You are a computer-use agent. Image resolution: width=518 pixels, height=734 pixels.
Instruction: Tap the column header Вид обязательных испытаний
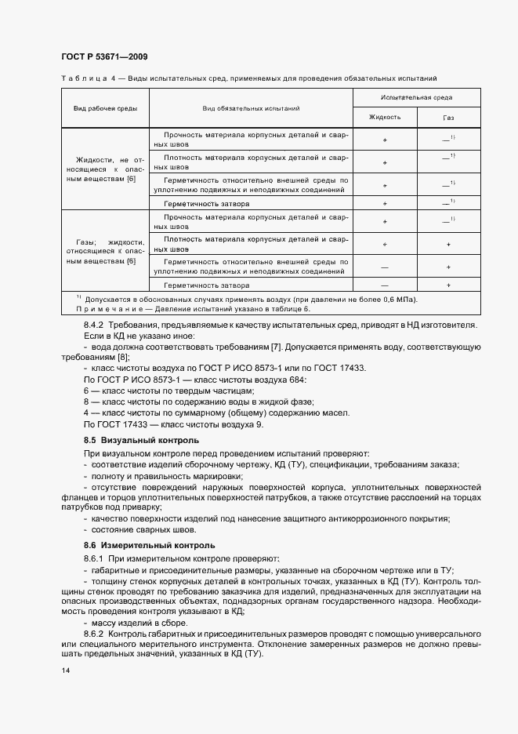[251, 107]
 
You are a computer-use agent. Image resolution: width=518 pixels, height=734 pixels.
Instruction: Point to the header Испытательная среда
[416, 97]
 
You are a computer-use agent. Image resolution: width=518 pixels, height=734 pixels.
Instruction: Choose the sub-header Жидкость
[385, 117]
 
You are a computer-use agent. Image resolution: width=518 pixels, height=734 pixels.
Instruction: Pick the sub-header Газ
[448, 117]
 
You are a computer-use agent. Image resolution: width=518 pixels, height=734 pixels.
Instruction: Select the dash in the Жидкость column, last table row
[385, 285]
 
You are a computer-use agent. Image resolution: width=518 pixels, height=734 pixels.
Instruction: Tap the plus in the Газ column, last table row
[448, 285]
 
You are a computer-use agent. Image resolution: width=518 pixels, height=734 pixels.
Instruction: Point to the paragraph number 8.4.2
[96, 325]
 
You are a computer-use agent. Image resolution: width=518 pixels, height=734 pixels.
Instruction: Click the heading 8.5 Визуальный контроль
[141, 440]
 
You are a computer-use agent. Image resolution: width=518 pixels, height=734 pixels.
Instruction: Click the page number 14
[65, 671]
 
